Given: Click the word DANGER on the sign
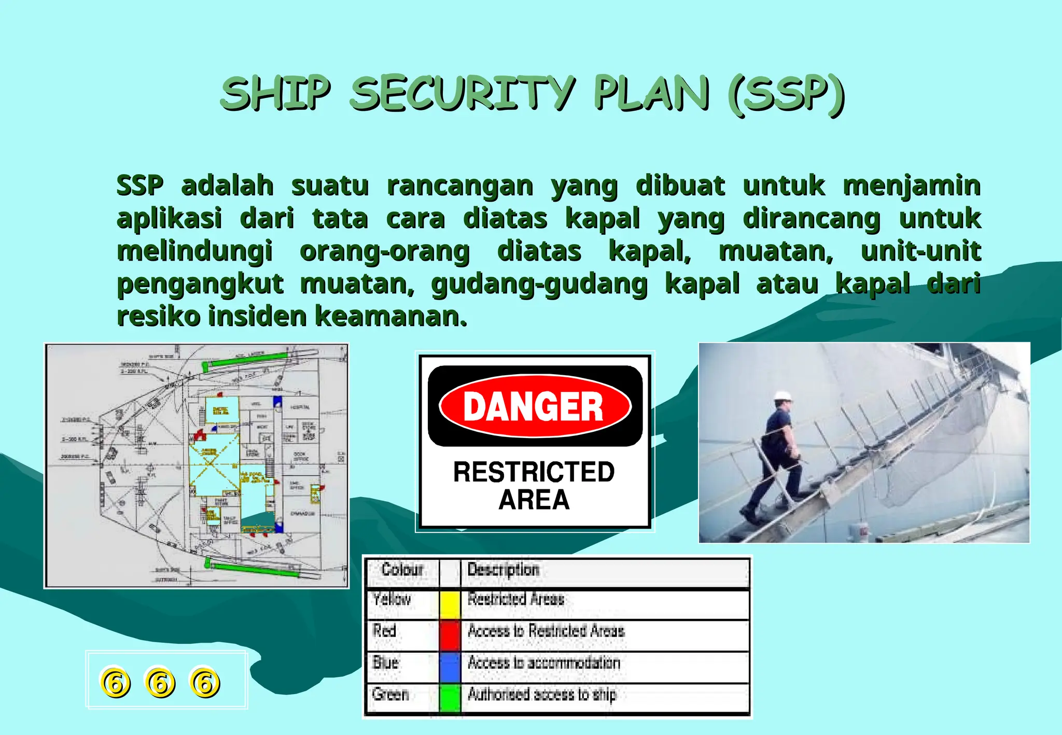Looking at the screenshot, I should (534, 406).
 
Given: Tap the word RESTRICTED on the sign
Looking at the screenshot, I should (534, 472).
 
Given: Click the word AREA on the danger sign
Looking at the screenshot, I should (534, 500).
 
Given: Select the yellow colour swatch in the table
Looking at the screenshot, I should (450, 604).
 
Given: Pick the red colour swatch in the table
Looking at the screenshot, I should (450, 635).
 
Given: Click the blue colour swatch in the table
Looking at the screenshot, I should (450, 667).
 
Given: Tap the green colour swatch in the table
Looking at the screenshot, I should (450, 698).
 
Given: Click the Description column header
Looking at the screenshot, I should (503, 570).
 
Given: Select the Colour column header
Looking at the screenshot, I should (402, 570).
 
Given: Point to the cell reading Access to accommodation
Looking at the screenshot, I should (544, 662).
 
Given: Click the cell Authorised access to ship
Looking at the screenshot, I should (542, 694).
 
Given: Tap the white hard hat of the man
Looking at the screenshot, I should (783, 396).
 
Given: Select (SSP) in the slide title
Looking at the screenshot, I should (786, 94).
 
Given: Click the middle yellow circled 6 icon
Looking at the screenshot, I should (160, 682).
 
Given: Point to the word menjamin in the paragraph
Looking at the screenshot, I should (912, 186).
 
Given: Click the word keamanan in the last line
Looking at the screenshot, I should (391, 316).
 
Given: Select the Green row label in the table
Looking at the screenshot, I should (390, 694).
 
